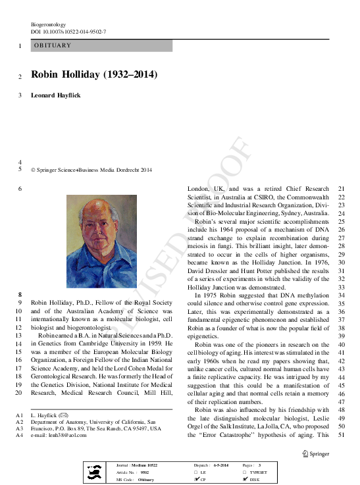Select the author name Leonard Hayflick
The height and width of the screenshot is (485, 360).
(x=57, y=95)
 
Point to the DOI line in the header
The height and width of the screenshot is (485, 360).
(x=68, y=32)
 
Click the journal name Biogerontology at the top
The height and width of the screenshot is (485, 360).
(x=49, y=24)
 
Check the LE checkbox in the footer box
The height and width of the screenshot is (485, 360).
(x=196, y=472)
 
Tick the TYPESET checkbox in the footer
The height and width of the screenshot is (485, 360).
(x=245, y=472)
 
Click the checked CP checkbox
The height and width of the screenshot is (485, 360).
(x=196, y=480)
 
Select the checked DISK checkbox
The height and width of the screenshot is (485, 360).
(x=245, y=480)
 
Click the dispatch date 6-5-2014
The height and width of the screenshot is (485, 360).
(x=220, y=465)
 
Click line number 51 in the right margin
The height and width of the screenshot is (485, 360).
(x=340, y=436)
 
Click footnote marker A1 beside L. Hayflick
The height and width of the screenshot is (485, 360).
(x=20, y=415)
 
